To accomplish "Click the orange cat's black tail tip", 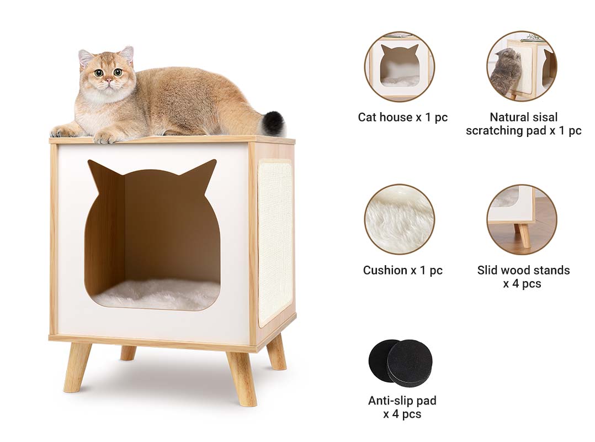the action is point(275,123).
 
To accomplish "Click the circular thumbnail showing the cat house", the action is point(400,67).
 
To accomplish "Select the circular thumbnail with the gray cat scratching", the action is point(522,66).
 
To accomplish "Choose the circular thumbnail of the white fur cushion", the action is point(400,219).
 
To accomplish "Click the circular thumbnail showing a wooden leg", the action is point(522,219).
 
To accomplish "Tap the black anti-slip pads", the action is point(400,362).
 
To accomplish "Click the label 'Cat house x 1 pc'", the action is point(402,117).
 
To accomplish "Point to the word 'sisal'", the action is point(543,117).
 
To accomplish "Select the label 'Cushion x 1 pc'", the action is point(402,270).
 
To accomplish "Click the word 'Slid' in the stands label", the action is point(487,270).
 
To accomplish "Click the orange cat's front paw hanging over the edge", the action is point(104,138).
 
